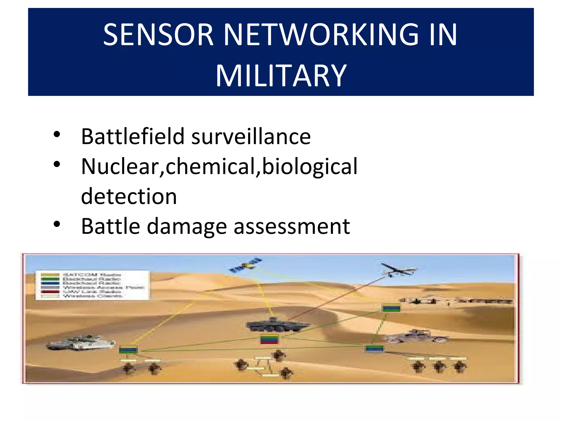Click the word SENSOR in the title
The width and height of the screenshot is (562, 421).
coord(158,35)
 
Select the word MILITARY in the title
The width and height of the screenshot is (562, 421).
coord(281,76)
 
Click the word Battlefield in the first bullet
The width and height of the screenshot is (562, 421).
coord(133,136)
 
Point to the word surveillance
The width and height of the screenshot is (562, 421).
coord(251,136)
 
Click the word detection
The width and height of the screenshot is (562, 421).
coord(129,196)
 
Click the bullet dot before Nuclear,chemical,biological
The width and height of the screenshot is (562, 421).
coord(57,164)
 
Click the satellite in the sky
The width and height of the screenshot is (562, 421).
coord(246,265)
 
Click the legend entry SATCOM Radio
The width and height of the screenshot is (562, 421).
coord(92,275)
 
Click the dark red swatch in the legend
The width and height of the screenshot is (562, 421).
coord(50,292)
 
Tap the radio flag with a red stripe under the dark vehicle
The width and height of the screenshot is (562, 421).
coord(269,339)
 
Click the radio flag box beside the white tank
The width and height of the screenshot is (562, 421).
coord(128,350)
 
